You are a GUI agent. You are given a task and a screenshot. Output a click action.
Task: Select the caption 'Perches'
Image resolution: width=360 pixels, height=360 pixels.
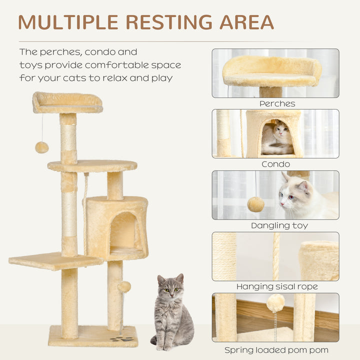click(277, 104)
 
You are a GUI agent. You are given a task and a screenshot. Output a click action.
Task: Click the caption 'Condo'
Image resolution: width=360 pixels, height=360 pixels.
click(275, 164)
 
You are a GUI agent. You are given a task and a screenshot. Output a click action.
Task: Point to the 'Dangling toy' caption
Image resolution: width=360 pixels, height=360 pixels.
click(279, 225)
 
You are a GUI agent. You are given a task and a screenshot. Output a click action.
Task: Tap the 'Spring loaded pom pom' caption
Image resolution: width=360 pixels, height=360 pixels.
click(275, 349)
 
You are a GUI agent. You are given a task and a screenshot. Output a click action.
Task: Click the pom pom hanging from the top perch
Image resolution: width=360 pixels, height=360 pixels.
click(41, 147)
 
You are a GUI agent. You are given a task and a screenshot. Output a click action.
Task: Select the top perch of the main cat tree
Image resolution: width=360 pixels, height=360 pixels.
click(67, 102)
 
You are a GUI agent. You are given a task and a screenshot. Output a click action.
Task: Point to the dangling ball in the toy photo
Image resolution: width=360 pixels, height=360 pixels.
click(256, 204)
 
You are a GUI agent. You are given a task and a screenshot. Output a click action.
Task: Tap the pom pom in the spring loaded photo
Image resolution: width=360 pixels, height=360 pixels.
click(275, 302)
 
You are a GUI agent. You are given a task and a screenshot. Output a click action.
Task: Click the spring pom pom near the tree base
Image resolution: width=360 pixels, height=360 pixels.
click(123, 287)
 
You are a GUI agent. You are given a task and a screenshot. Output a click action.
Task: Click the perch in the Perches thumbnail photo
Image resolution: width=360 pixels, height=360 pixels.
click(271, 71)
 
